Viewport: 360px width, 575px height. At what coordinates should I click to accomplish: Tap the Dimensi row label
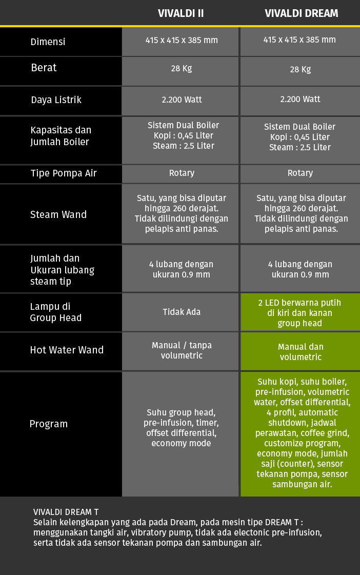coord(48,42)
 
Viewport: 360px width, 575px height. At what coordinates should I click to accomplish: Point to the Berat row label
coord(44,68)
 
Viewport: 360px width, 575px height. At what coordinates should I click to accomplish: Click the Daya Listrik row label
coord(56,100)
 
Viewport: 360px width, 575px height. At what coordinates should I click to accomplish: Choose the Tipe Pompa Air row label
coord(63,173)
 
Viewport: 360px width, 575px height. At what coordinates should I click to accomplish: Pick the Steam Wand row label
coord(58,214)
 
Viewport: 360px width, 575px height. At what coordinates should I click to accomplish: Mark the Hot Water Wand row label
coord(67,350)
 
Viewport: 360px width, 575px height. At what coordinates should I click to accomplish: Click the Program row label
coord(48,424)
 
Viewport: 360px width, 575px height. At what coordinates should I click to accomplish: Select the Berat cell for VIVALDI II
coord(181,68)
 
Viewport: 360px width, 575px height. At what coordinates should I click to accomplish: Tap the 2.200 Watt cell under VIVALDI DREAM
coord(300,100)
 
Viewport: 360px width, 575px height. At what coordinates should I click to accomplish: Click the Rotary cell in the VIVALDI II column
coord(181,173)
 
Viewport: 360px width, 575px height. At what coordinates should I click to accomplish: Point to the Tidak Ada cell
coord(181,312)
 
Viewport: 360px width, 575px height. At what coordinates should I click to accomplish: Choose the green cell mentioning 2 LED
coord(300,312)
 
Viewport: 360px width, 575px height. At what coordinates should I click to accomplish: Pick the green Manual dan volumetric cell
coord(300,352)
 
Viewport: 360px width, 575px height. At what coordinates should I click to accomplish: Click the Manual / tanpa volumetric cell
coord(181,350)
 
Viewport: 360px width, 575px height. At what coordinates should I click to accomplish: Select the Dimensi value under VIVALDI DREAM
coord(300,40)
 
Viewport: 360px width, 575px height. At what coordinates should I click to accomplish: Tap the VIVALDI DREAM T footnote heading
coord(66,512)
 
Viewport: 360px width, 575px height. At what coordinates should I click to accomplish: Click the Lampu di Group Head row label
coord(55,312)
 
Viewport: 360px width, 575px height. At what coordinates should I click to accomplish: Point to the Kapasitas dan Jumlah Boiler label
coord(61,136)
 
